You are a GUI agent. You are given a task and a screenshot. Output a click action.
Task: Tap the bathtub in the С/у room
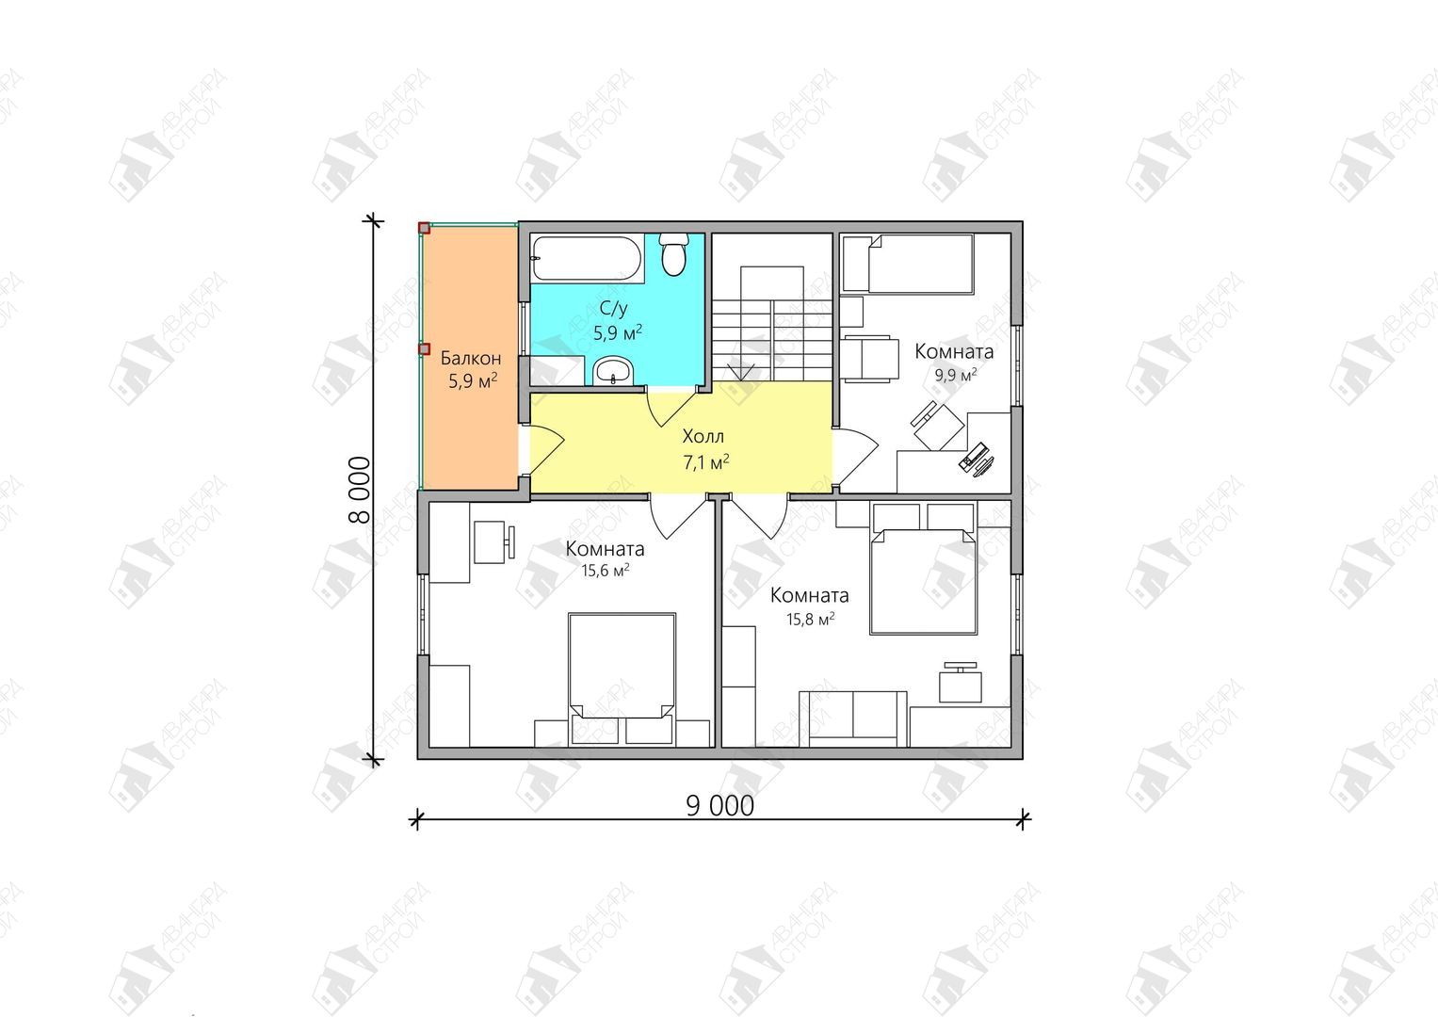click(x=587, y=259)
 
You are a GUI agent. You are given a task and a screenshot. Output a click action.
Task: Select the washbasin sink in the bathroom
click(x=613, y=370)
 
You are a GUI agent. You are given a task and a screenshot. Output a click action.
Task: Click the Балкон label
click(x=471, y=358)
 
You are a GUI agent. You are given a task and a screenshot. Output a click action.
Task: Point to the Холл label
click(x=703, y=437)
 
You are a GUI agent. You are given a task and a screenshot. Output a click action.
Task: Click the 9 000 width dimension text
click(x=720, y=806)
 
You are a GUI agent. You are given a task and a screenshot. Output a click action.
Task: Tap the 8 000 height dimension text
click(x=360, y=490)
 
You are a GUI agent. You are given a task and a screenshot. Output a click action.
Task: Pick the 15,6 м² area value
click(x=605, y=571)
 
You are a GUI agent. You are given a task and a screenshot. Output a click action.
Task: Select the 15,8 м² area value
click(x=810, y=619)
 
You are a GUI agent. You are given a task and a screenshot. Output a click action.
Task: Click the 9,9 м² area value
click(x=955, y=375)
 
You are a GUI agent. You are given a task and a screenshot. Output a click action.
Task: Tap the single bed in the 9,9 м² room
click(x=909, y=264)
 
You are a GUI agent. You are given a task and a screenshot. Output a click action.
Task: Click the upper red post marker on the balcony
click(x=425, y=228)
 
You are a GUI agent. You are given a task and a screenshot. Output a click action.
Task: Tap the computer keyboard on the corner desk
click(x=973, y=455)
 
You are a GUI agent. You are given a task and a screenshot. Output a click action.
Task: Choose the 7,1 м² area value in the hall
click(x=705, y=462)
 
